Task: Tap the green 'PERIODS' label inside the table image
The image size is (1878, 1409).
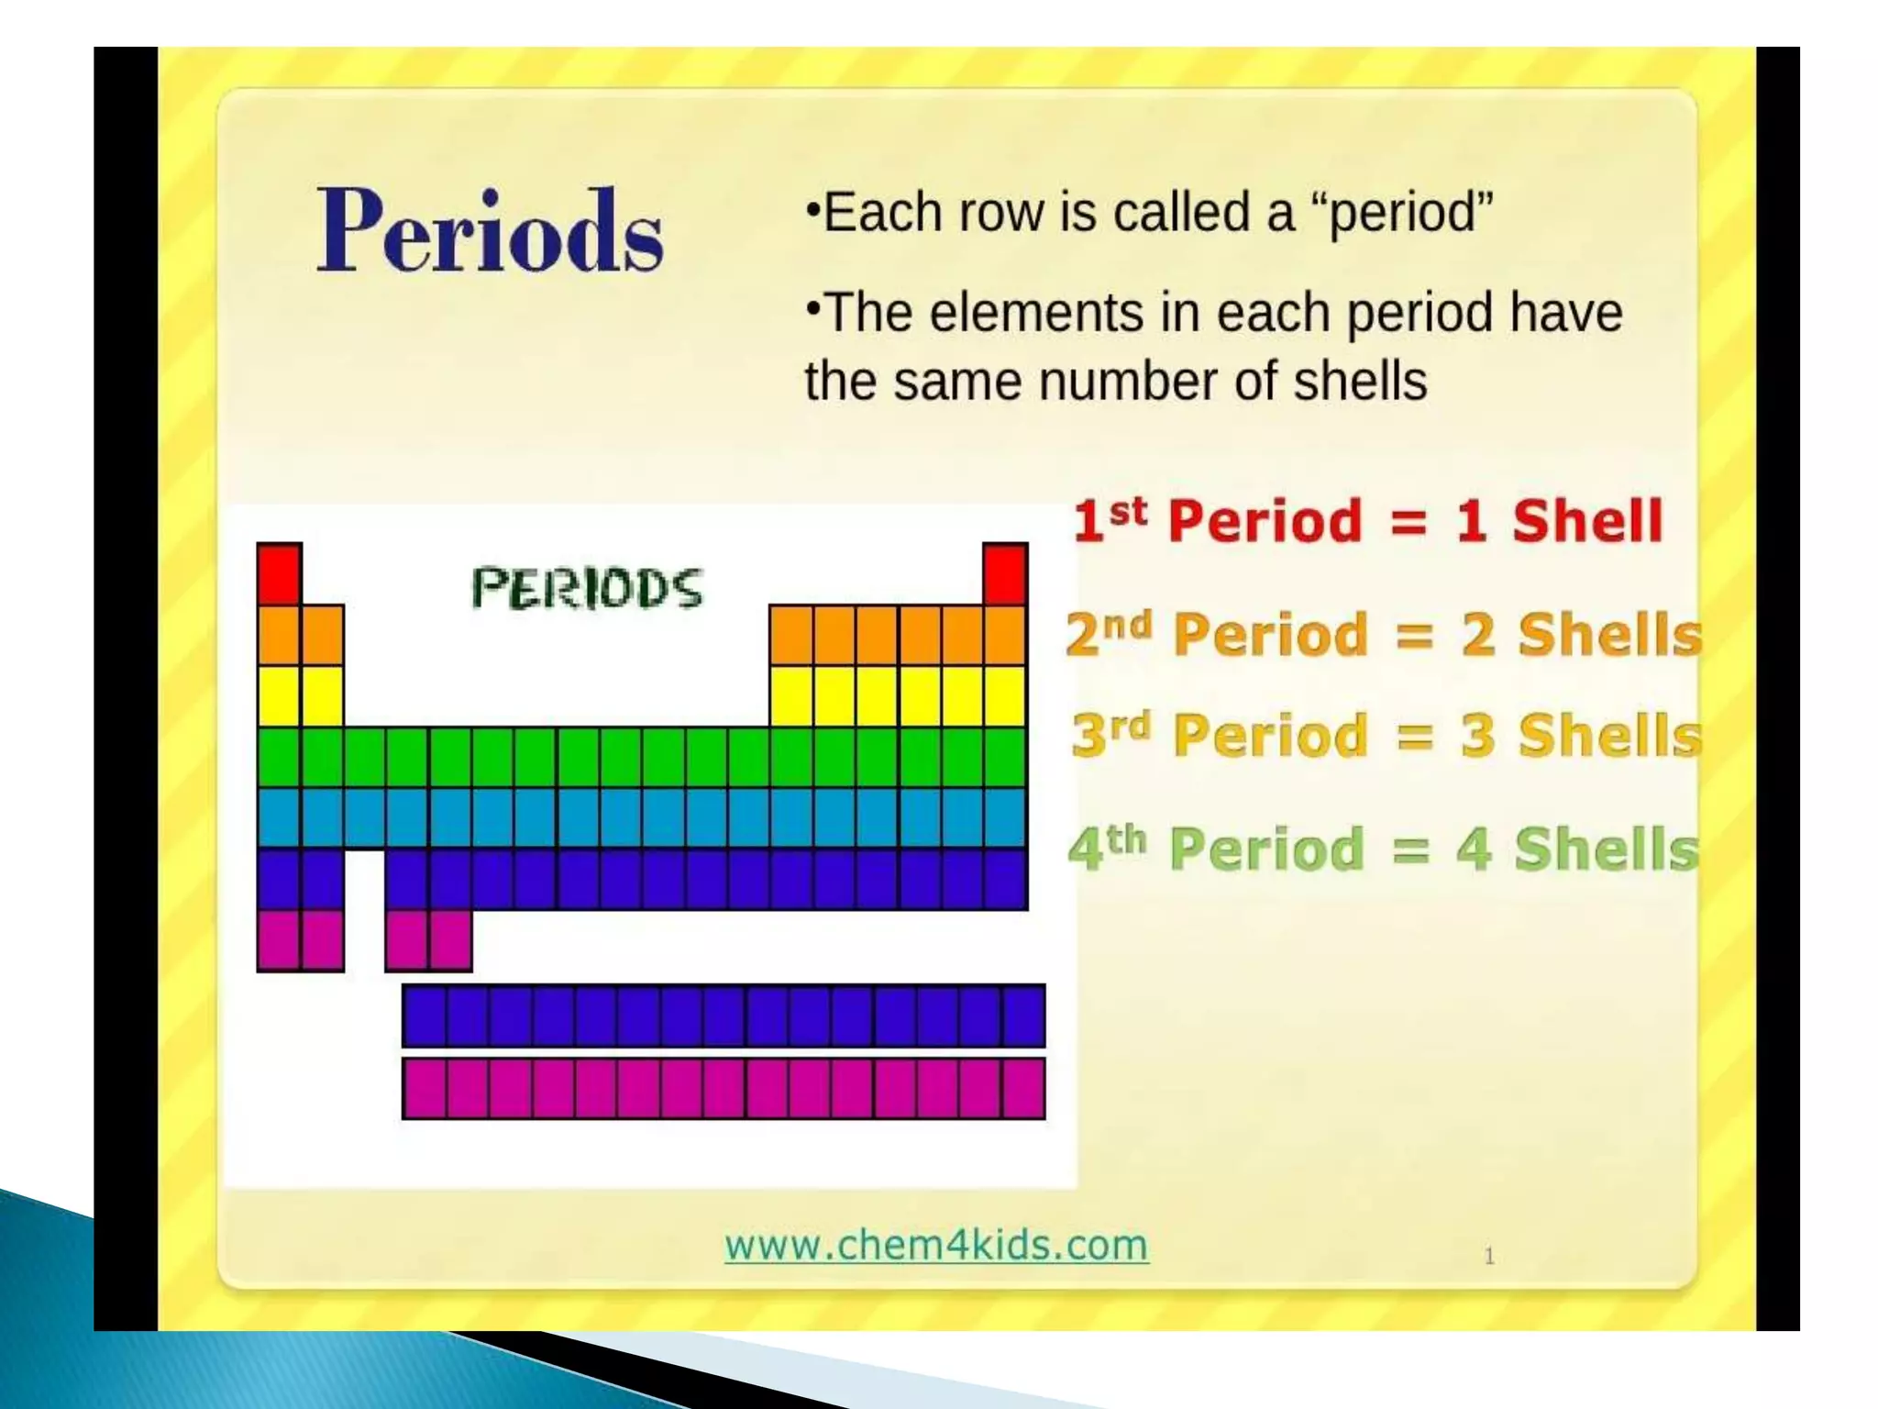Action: click(x=587, y=588)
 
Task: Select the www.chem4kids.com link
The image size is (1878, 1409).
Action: click(x=936, y=1245)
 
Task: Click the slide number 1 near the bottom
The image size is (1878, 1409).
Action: click(x=1489, y=1256)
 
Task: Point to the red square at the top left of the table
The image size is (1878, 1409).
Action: click(x=279, y=573)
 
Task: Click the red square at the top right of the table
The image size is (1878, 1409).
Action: click(x=1005, y=573)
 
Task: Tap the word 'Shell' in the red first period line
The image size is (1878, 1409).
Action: click(x=1586, y=521)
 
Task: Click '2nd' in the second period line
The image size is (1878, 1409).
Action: click(x=1108, y=633)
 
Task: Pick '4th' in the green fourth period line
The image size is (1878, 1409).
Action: click(x=1107, y=847)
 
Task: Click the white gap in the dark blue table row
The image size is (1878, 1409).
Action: click(x=365, y=879)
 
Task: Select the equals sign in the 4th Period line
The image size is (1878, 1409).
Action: click(x=1410, y=849)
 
